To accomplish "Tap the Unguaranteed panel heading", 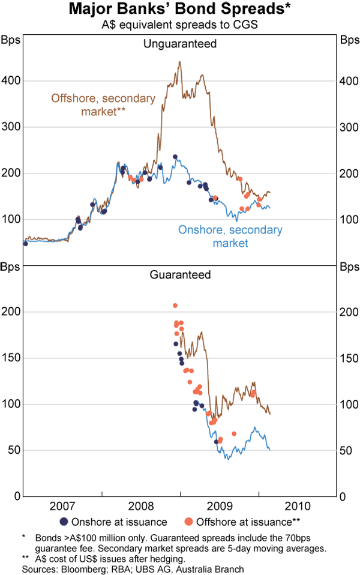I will pyautogui.click(x=179, y=44).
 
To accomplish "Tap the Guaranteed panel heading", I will pyautogui.click(x=179, y=275).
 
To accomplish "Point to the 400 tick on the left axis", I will pyautogui.click(x=11, y=80).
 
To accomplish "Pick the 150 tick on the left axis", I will pyautogui.click(x=11, y=358).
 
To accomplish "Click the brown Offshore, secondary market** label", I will pyautogui.click(x=103, y=104).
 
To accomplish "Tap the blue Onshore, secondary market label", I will pyautogui.click(x=230, y=236).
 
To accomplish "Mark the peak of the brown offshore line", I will pyautogui.click(x=179, y=61).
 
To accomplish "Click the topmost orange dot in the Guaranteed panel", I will pyautogui.click(x=175, y=306).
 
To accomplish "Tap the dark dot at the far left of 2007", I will pyautogui.click(x=25, y=243).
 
